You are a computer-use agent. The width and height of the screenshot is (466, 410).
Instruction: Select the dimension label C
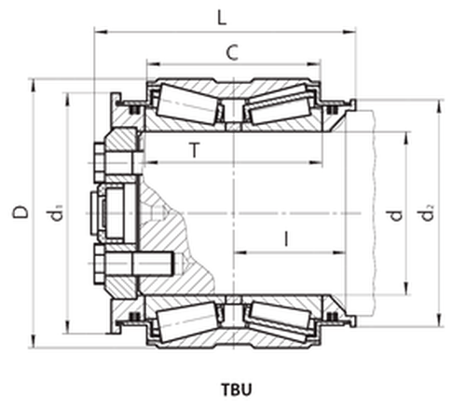[230, 53]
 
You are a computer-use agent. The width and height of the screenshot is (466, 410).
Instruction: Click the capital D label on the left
[19, 212]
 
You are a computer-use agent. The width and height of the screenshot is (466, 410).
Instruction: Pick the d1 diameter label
[58, 214]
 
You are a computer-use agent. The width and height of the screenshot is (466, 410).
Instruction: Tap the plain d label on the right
[396, 214]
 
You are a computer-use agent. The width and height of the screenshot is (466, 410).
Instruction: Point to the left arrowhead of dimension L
[96, 31]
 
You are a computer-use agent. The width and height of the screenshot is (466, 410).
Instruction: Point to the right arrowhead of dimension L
[356, 31]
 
